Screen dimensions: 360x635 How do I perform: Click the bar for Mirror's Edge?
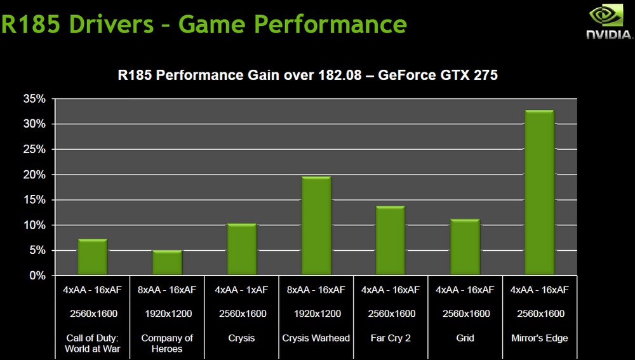539,193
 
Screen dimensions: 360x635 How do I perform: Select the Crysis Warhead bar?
316,226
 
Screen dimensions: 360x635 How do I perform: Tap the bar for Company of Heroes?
167,263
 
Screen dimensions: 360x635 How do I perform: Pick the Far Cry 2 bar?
390,241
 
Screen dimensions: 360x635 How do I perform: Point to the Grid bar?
465,248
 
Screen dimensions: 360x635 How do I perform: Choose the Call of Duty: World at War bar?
92,257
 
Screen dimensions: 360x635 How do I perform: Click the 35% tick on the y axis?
34,99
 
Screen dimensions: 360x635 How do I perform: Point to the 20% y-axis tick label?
34,175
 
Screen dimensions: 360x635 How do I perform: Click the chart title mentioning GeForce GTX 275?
308,76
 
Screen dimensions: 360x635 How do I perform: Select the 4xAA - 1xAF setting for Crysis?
241,290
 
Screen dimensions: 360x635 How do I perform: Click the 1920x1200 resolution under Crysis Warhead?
316,314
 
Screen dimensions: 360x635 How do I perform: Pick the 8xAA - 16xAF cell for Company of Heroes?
167,290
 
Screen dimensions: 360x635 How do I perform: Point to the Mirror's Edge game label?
539,338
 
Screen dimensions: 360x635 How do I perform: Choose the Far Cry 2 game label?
390,338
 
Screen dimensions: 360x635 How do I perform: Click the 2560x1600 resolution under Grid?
465,314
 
